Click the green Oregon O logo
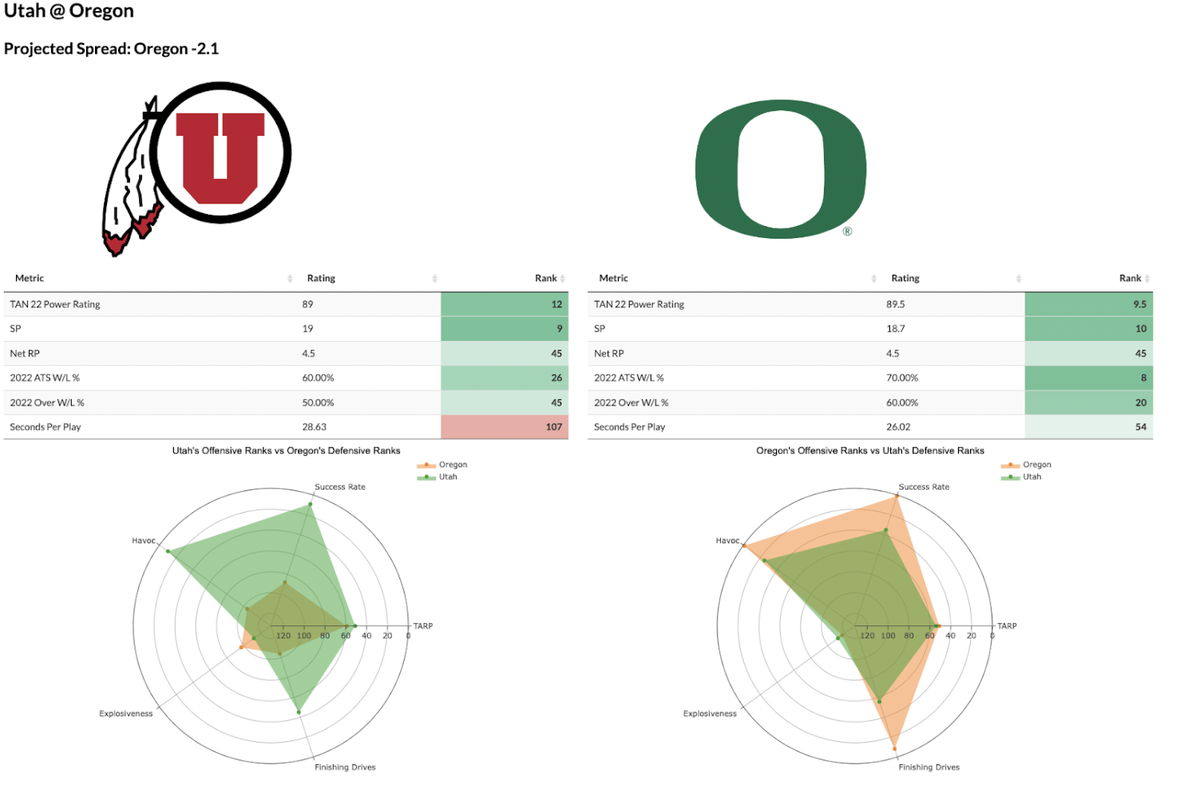point(780,169)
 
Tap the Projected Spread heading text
point(111,49)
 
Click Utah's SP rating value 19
point(307,329)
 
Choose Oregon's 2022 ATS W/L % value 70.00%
point(901,378)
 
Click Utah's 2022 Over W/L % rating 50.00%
point(318,402)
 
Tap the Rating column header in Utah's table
point(321,279)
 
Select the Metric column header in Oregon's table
point(613,279)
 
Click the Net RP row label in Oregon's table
point(608,354)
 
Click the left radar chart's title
point(286,451)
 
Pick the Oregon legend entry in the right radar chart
point(1036,465)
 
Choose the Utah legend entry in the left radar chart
point(448,477)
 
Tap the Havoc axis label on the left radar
point(144,541)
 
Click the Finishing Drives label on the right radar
point(929,767)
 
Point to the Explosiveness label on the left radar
point(125,714)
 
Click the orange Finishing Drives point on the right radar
point(894,749)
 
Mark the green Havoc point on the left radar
point(168,551)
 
